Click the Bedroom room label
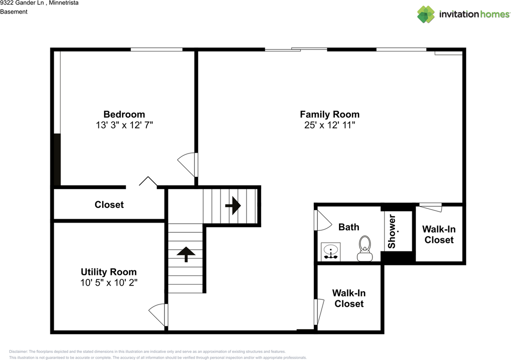124,114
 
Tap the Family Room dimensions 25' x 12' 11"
329,125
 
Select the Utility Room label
109,272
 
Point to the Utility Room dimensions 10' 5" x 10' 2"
109,283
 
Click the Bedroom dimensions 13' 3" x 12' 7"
124,125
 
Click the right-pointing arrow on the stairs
233,206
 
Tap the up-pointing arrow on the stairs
186,254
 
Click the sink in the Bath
331,252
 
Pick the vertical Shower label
392,231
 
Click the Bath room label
349,227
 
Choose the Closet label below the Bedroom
109,205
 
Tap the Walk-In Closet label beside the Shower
439,234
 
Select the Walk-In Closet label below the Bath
349,298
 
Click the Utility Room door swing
158,314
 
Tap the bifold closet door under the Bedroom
148,182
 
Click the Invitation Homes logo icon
426,14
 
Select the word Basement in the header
14,12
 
